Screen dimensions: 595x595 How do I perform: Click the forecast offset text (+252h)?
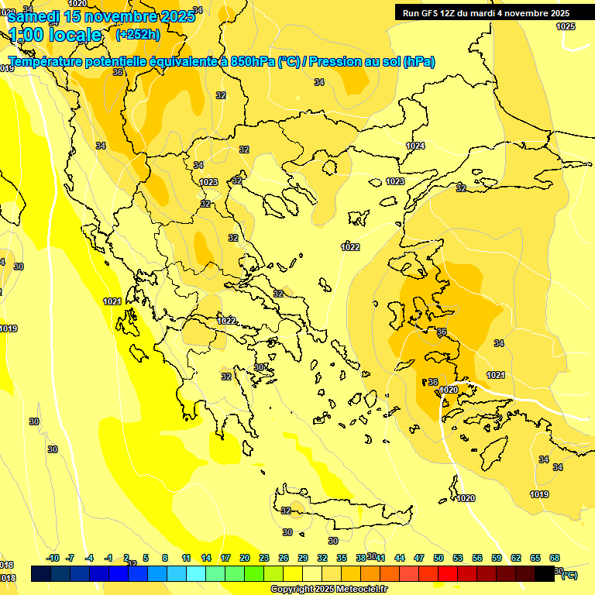tap(137, 34)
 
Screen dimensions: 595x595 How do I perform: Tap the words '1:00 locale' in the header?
tap(55, 35)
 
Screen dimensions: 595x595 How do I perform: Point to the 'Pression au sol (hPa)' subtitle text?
tap(372, 61)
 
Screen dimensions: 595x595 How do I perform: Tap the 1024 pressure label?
tap(416, 146)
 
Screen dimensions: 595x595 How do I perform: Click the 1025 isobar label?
tap(566, 26)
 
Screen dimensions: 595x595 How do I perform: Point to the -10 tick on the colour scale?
tap(53, 558)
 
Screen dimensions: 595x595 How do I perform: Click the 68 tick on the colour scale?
tap(555, 558)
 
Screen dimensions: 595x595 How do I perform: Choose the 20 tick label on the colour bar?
tap(245, 558)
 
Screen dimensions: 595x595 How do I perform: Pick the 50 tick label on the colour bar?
tap(439, 558)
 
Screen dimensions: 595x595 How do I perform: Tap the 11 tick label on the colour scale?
tap(186, 558)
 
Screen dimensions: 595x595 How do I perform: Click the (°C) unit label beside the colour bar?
tap(569, 575)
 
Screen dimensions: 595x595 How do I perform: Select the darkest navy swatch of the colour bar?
tap(41, 574)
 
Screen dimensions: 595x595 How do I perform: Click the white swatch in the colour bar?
tap(312, 574)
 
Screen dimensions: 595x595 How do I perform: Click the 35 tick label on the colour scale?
tap(342, 558)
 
